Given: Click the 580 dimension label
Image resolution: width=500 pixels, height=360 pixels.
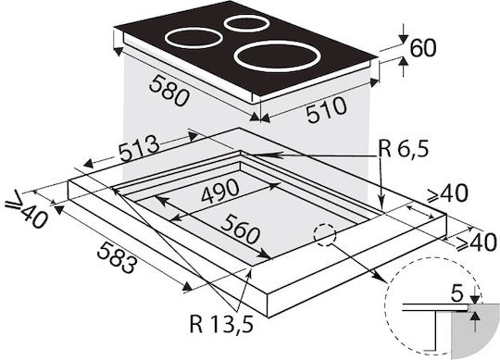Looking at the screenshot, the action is [x=169, y=91].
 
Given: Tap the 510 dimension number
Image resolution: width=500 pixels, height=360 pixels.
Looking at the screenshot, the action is [x=326, y=109].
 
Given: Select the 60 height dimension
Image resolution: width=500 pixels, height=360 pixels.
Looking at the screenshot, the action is [x=422, y=48].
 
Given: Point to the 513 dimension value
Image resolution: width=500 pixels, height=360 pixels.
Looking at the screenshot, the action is [x=139, y=148].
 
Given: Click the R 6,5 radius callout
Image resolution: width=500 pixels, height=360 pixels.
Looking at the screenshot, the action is [x=403, y=149].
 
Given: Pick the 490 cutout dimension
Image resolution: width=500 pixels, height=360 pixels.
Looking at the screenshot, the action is [x=220, y=191].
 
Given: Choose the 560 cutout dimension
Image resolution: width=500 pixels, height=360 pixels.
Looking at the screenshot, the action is [x=240, y=229].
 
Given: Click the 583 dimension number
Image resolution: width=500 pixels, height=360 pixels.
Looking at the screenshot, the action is [x=118, y=257].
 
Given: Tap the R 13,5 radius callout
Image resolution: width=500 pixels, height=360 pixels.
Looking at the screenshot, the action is [x=221, y=323].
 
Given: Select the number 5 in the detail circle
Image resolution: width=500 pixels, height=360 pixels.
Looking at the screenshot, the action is [x=457, y=294].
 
